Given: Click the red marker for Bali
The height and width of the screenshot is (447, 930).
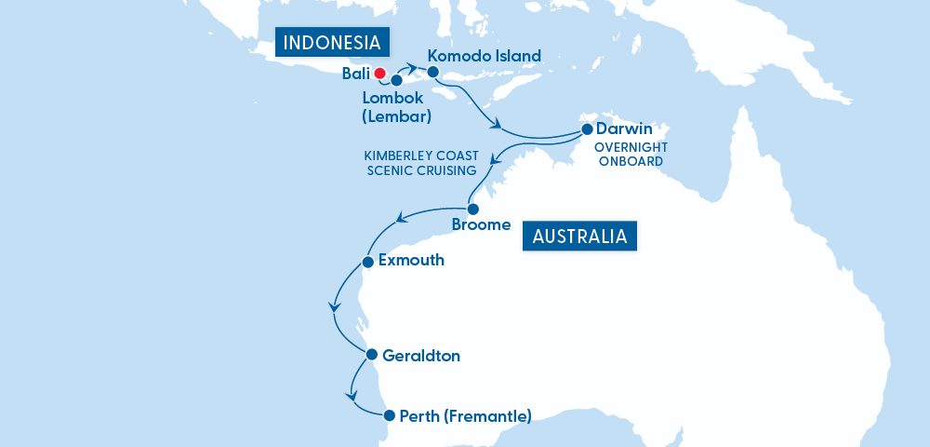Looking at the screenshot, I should pos(379,73).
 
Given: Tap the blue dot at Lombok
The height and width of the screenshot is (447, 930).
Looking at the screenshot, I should pos(396,80).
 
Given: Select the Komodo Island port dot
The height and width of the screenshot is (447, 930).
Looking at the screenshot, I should pos(432,71).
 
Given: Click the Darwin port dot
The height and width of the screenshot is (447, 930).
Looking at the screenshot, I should pos(587,129).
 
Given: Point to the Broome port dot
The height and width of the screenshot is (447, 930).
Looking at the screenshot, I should pos(472,209).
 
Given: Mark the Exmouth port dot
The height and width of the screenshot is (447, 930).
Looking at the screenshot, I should pos(368,261).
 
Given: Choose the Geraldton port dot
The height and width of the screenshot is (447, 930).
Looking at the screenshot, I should pos(371,355).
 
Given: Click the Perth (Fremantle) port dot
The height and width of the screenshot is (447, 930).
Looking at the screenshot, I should pos(388,415).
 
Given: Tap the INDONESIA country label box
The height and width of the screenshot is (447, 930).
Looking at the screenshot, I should pos(332,43).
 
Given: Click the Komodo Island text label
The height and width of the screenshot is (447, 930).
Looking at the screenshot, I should pos(484,56).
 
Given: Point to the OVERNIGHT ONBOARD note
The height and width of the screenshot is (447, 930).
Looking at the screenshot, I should pos(629,154).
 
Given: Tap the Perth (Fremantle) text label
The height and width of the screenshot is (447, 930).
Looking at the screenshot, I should pos(465,415).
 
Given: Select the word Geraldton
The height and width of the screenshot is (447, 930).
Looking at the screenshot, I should pos(421,356).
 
